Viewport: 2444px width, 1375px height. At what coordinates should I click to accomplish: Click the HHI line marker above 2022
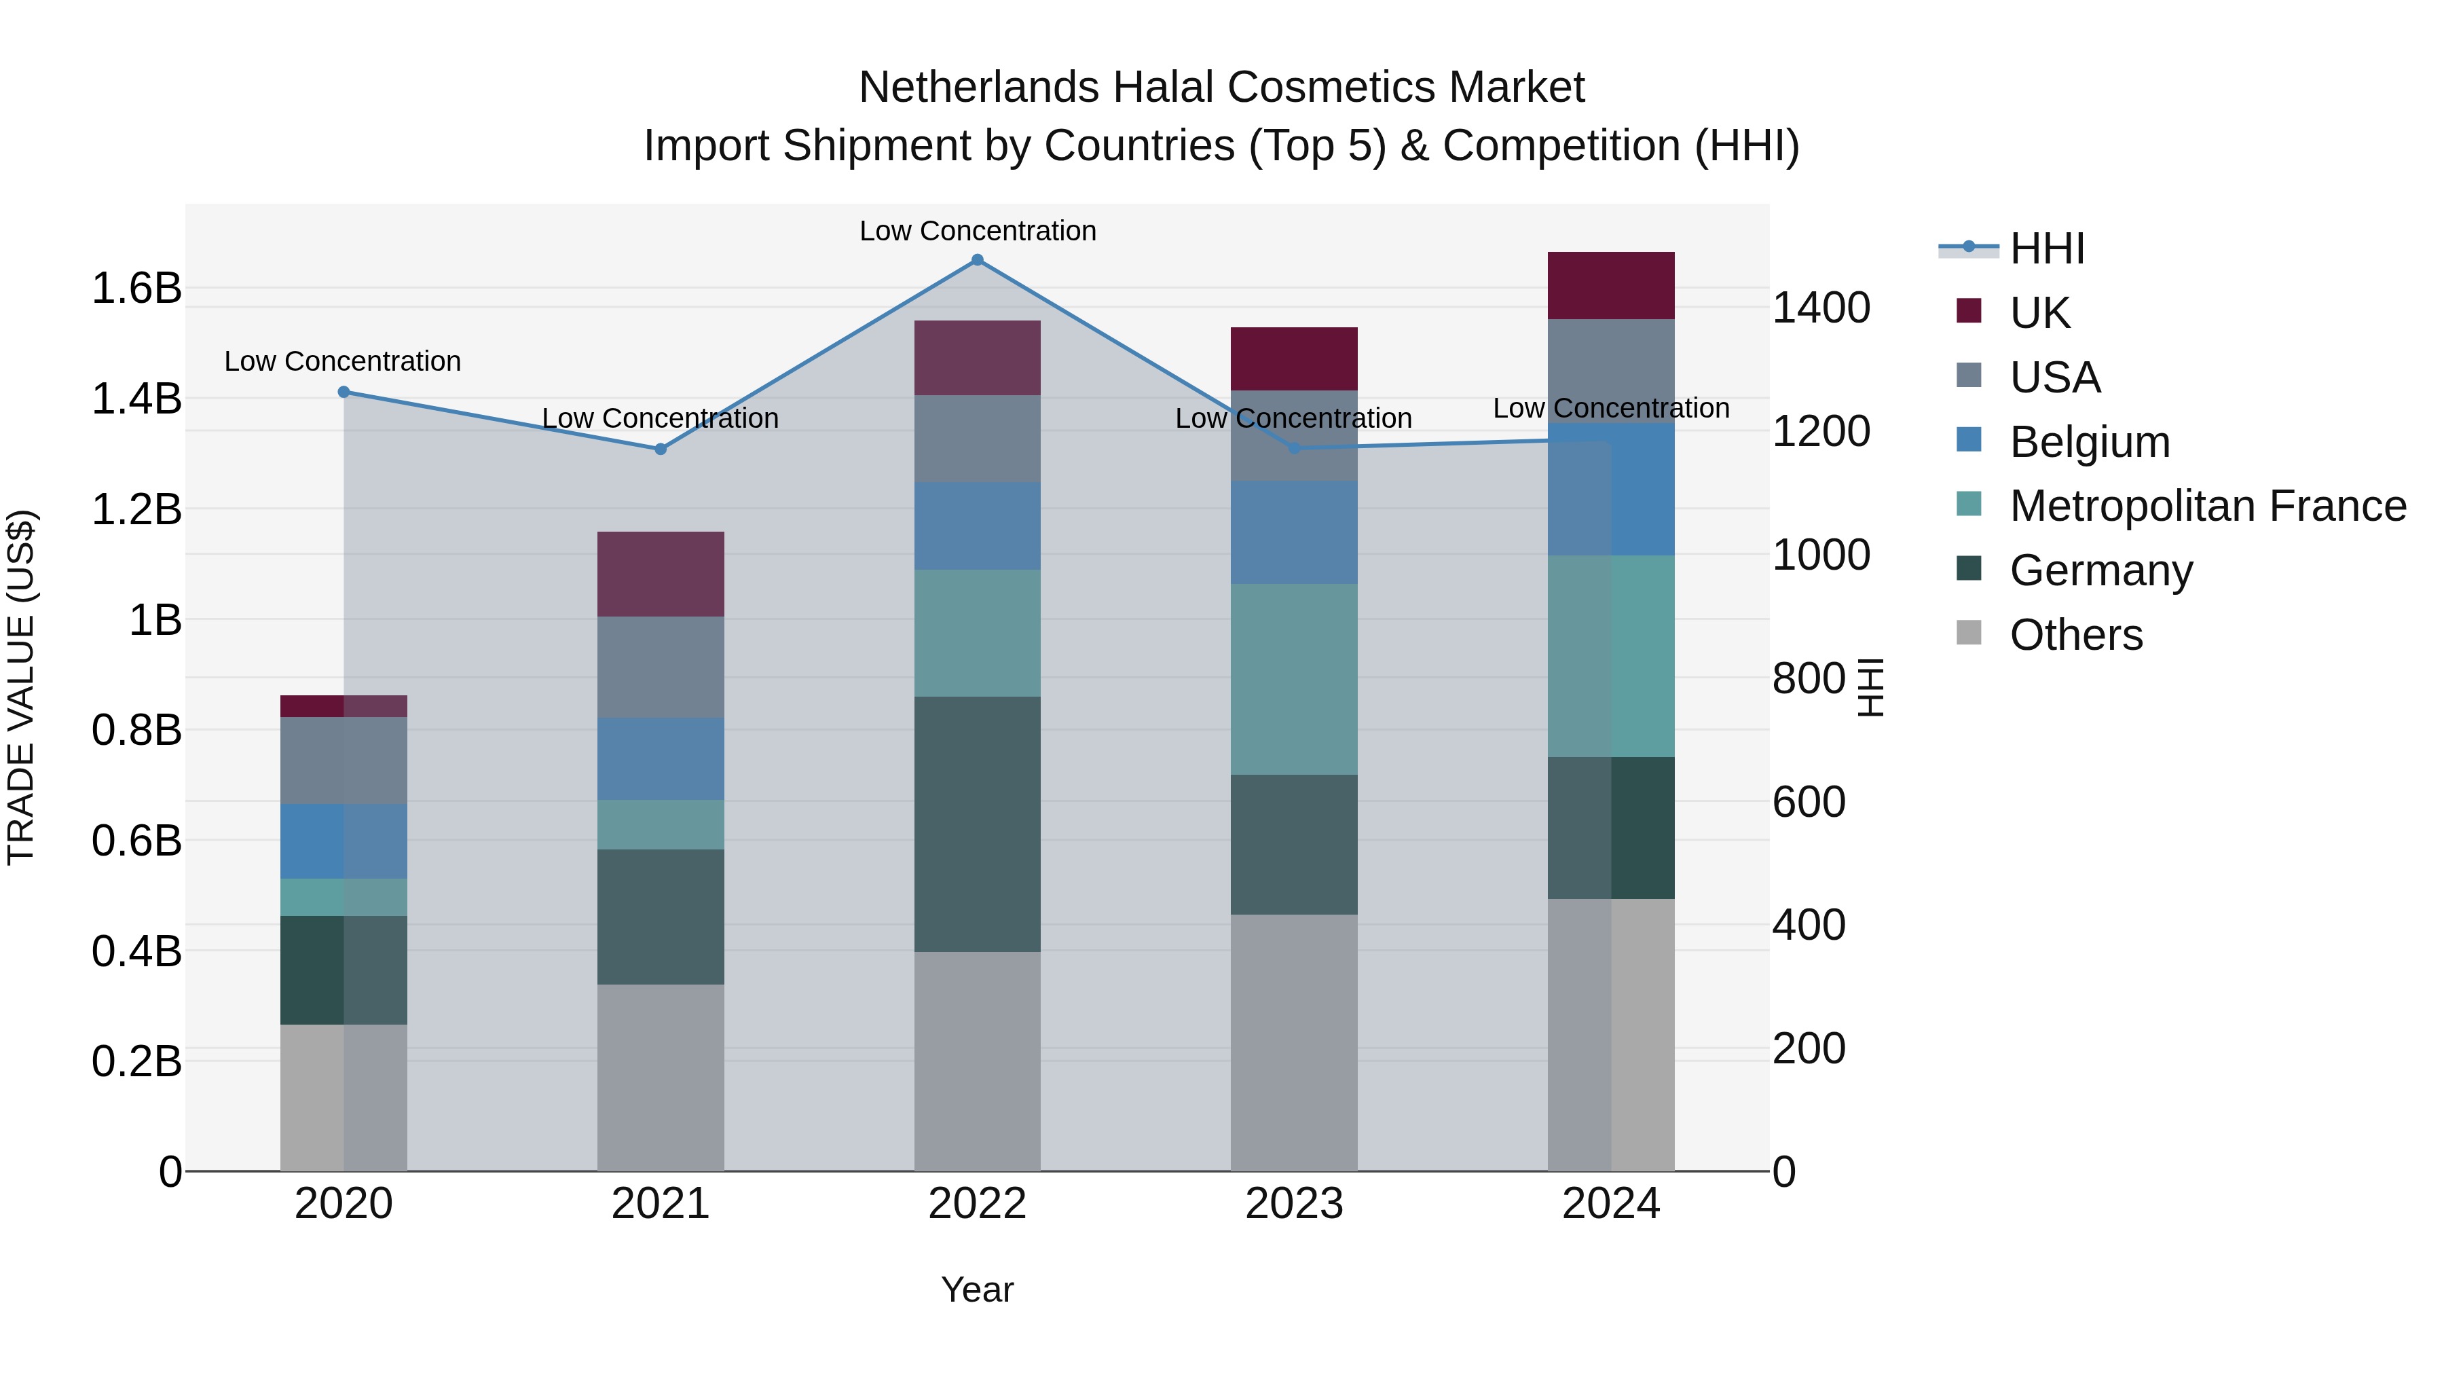coord(977,260)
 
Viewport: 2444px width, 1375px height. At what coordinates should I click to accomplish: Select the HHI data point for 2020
coord(344,392)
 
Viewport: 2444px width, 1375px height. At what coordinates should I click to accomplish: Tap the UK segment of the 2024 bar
coord(1610,286)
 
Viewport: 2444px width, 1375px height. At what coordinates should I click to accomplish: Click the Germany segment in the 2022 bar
coord(977,824)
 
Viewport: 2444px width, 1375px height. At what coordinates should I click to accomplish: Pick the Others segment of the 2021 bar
coord(661,1077)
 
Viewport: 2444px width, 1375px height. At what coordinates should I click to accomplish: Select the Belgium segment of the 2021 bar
coord(661,758)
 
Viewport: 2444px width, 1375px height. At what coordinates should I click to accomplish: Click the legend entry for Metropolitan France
coord(2207,506)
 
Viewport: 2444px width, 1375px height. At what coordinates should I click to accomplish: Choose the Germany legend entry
coord(2100,570)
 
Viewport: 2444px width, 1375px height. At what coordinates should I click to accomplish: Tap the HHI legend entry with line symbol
coord(2045,249)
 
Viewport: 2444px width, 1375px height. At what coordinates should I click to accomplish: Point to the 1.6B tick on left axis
coord(136,287)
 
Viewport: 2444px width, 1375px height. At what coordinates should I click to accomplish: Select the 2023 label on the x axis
coord(1293,1204)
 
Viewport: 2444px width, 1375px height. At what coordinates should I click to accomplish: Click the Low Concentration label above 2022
coord(977,231)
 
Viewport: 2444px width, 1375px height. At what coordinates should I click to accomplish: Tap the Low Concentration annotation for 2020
coord(343,361)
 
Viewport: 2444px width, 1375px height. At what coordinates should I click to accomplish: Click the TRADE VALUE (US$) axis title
coord(21,687)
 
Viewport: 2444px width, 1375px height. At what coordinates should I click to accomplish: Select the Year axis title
coord(977,1289)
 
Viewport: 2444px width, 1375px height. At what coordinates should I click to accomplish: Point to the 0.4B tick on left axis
coord(136,951)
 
